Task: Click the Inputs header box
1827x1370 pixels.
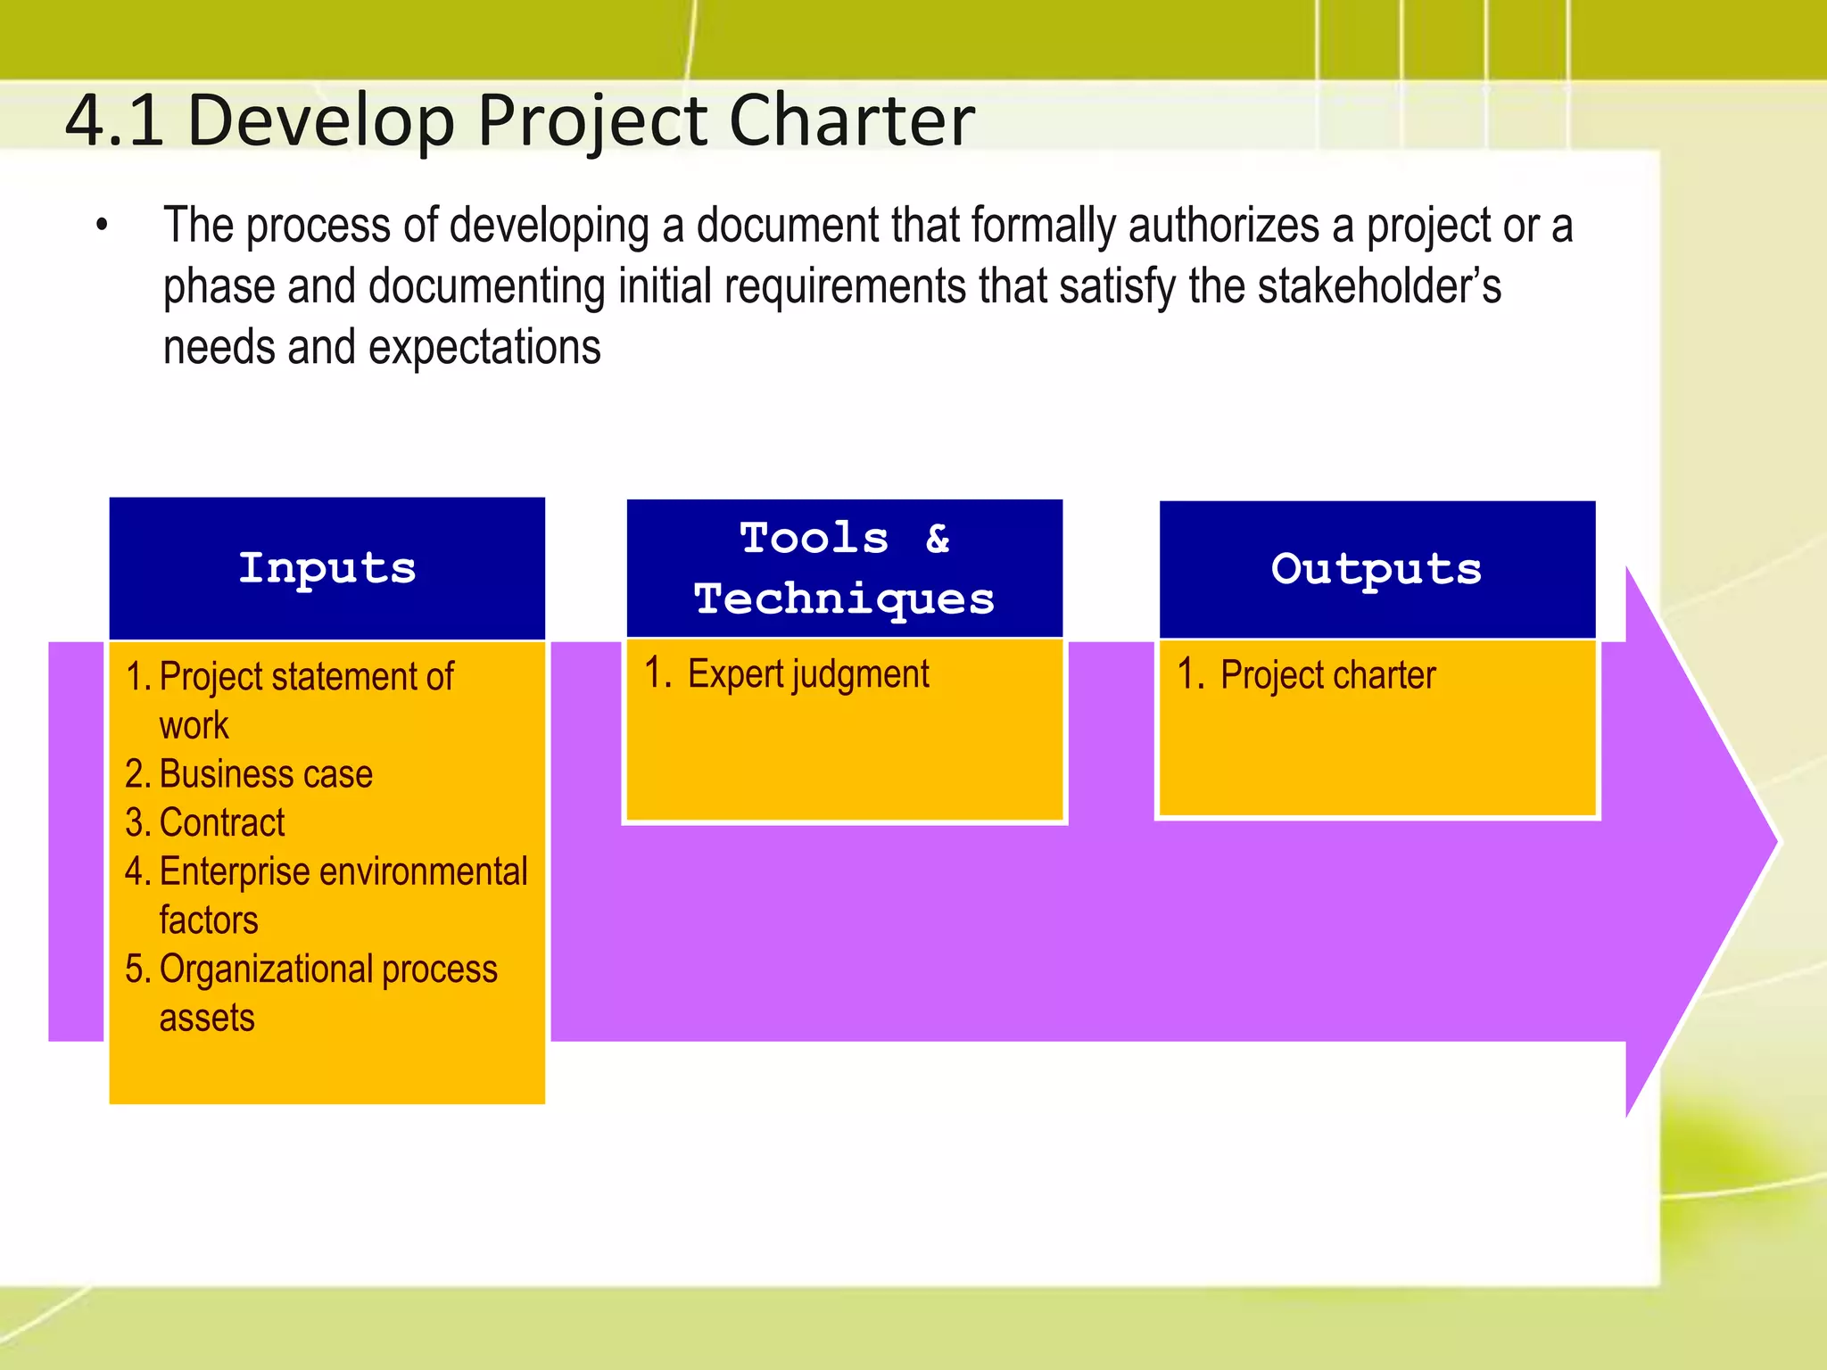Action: click(327, 568)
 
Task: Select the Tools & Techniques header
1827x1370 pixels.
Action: click(844, 568)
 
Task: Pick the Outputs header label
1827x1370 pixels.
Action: click(1376, 569)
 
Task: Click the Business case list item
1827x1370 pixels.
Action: click(265, 773)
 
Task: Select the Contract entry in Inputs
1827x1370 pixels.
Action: click(221, 822)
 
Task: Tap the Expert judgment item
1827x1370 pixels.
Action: click(807, 674)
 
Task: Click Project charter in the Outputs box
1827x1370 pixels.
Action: click(1327, 675)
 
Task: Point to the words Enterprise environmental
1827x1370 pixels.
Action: click(343, 871)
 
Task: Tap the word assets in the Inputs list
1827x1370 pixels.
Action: click(207, 1018)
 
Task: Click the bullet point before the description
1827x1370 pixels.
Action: click(103, 227)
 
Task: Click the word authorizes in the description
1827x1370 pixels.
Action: click(1223, 227)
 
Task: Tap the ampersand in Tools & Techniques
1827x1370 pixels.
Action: click(938, 538)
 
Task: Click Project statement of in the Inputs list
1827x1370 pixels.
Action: click(306, 677)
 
